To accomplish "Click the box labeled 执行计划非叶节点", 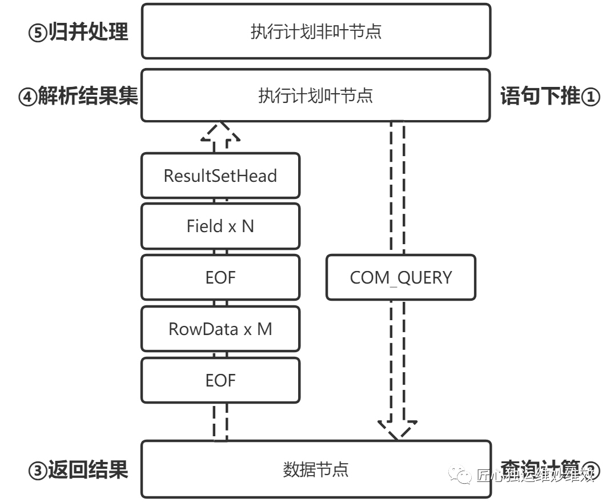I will [316, 31].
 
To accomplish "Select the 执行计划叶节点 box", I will [316, 95].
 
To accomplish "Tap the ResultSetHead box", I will [220, 176].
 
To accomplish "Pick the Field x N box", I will [220, 226].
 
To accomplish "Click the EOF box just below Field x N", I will [220, 277].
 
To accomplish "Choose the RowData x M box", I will [220, 329].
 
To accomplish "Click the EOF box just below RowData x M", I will [220, 380].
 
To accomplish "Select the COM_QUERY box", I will [400, 278].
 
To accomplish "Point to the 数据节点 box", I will [316, 469].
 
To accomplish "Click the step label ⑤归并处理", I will [78, 32].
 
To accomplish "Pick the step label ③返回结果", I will [78, 470].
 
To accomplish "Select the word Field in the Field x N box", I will [204, 226].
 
